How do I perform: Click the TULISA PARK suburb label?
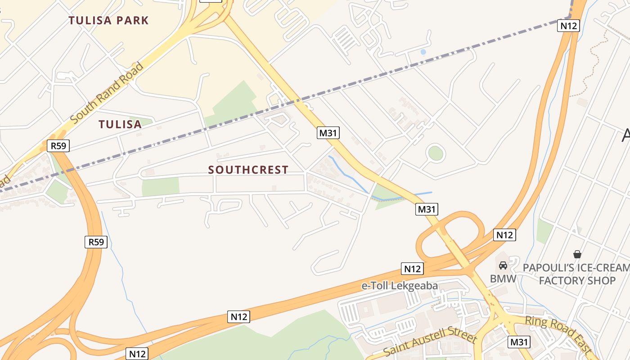pos(108,20)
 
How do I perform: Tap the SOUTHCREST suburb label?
pos(248,170)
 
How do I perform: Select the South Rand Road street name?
pos(107,93)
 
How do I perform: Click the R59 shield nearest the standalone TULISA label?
pos(58,146)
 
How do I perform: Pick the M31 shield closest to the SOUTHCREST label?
pos(328,133)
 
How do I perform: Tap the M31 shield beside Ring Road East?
pos(519,342)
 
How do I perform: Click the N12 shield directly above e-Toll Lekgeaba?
pos(412,269)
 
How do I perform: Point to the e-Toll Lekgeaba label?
pos(400,286)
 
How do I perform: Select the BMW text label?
pos(503,279)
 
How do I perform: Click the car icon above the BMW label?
pos(503,265)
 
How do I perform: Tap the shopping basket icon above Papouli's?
pos(577,255)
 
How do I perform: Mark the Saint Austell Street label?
pos(430,342)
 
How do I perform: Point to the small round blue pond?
pos(423,52)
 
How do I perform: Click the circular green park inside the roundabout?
pos(436,153)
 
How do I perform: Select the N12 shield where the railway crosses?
pos(568,26)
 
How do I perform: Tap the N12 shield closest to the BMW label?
pos(504,235)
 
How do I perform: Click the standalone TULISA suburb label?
pos(120,125)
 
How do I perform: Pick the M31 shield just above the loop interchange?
pos(427,209)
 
